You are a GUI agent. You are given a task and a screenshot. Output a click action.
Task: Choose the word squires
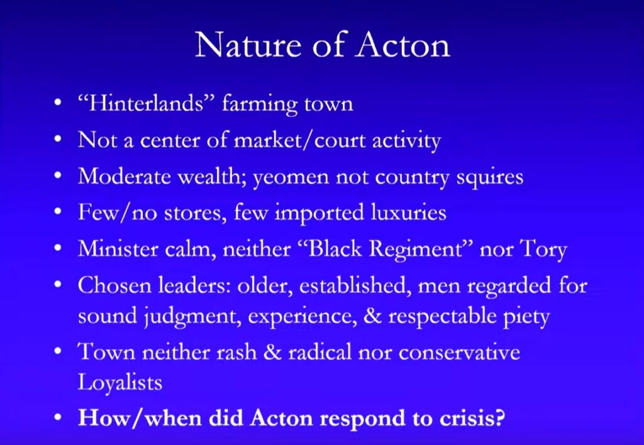pyautogui.click(x=487, y=178)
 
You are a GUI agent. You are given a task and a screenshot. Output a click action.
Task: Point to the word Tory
pyautogui.click(x=544, y=250)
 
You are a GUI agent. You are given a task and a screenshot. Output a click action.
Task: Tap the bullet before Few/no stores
pyautogui.click(x=58, y=214)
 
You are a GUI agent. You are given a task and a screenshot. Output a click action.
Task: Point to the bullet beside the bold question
pyautogui.click(x=58, y=418)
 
